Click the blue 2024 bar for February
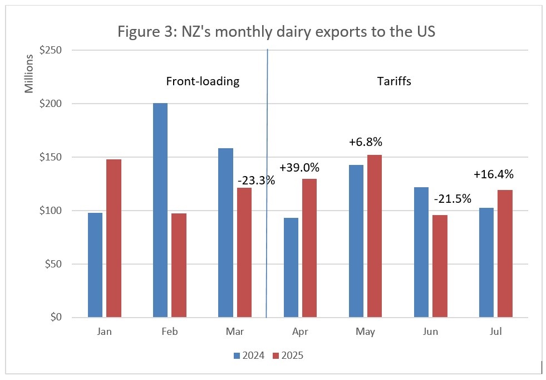[160, 210]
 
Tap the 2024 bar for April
[291, 267]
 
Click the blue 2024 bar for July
[486, 262]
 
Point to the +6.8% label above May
[365, 143]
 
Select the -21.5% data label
[453, 198]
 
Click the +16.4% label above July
[493, 174]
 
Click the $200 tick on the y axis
[51, 104]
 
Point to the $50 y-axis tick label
[54, 264]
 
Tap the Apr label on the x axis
[300, 332]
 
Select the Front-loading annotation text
[203, 81]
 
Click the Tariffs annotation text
[394, 81]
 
